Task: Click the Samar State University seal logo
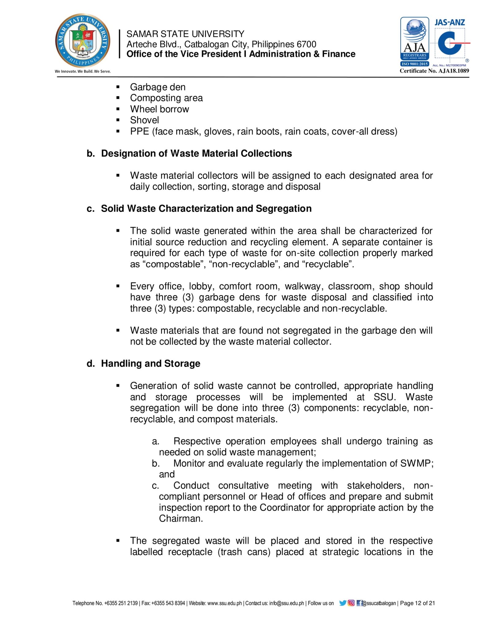pyautogui.click(x=82, y=41)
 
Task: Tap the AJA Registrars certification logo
pyautogui.click(x=415, y=41)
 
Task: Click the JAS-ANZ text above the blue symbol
pyautogui.click(x=450, y=22)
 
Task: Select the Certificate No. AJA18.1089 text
pyautogui.click(x=434, y=71)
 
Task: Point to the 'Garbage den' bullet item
pyautogui.click(x=158, y=87)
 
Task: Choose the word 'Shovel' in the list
pyautogui.click(x=144, y=120)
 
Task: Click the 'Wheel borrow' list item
pyautogui.click(x=159, y=109)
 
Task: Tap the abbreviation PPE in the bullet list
pyautogui.click(x=139, y=131)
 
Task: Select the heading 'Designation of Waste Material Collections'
pyautogui.click(x=196, y=153)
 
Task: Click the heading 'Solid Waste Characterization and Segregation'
pyautogui.click(x=206, y=208)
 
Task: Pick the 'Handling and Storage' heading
pyautogui.click(x=151, y=363)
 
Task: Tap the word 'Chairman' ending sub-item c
pyautogui.click(x=180, y=518)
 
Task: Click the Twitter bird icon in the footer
pyautogui.click(x=343, y=603)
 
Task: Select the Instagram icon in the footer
pyautogui.click(x=351, y=603)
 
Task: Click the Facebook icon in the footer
pyautogui.click(x=359, y=603)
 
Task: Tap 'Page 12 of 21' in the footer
pyautogui.click(x=417, y=603)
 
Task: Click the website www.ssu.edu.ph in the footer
pyautogui.click(x=225, y=603)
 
